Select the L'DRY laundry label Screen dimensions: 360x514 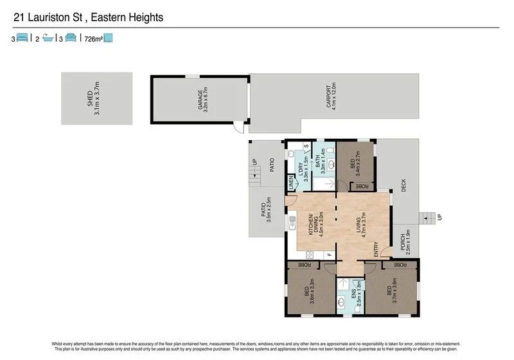[x=301, y=168]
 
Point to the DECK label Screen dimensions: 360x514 [x=403, y=185]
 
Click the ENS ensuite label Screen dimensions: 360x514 [x=355, y=296]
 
